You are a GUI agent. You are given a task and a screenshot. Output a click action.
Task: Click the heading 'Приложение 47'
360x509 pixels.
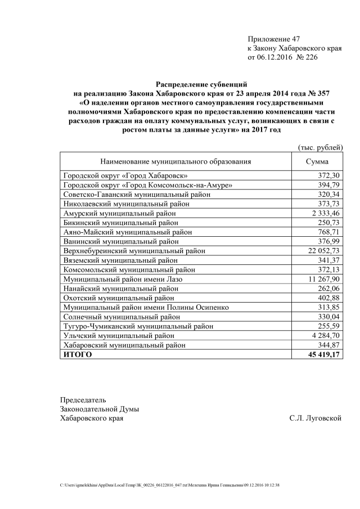[274, 39]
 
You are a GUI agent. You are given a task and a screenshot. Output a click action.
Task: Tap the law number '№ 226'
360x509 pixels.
[304, 57]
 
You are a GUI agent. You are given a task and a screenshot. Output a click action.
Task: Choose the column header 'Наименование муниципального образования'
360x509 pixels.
[175, 161]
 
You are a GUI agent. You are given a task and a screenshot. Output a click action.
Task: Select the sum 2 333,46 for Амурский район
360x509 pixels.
[324, 213]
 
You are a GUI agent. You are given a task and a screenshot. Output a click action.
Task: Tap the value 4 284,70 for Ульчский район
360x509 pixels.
[324, 335]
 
